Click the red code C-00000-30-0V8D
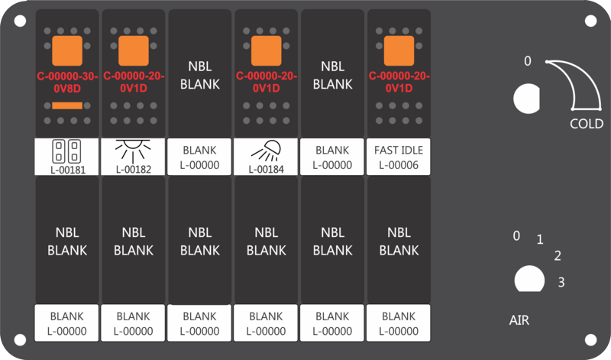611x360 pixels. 67,83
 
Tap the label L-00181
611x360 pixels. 68,170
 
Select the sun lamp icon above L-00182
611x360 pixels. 133,151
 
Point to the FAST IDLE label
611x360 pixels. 399,150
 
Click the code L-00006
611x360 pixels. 399,165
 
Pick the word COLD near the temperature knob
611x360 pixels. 587,124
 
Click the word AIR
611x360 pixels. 519,320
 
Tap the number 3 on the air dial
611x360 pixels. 561,282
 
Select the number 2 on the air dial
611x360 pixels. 558,256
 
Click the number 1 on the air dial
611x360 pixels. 540,239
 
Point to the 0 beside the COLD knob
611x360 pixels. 528,61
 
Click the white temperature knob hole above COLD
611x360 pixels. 526,99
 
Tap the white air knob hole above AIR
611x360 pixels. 529,279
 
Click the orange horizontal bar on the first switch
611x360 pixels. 67,105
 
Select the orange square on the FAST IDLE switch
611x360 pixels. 399,50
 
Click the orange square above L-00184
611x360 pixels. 266,50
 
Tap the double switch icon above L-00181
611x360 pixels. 66,151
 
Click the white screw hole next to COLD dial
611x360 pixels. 590,21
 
